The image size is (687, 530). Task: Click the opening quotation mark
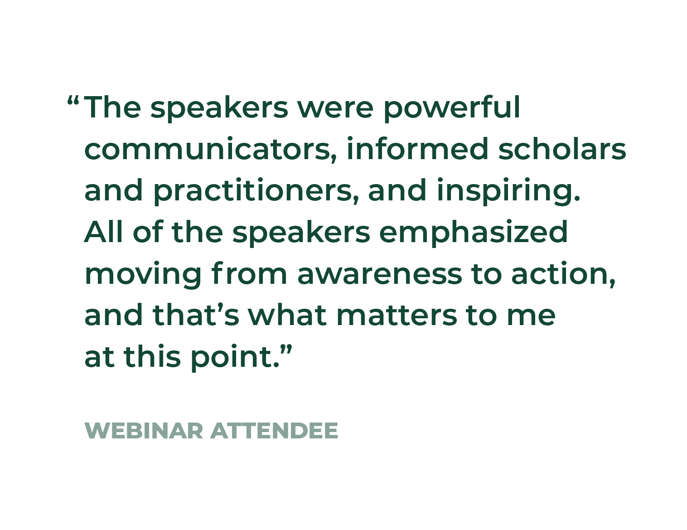coord(73,101)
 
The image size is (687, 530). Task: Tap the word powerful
coord(452,108)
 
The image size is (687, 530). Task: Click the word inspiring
coord(509,191)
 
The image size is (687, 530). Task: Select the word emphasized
coord(473,233)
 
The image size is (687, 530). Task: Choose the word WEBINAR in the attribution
coord(144,431)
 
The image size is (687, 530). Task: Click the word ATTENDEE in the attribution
coord(275,431)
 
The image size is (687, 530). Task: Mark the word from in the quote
coord(249,273)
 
